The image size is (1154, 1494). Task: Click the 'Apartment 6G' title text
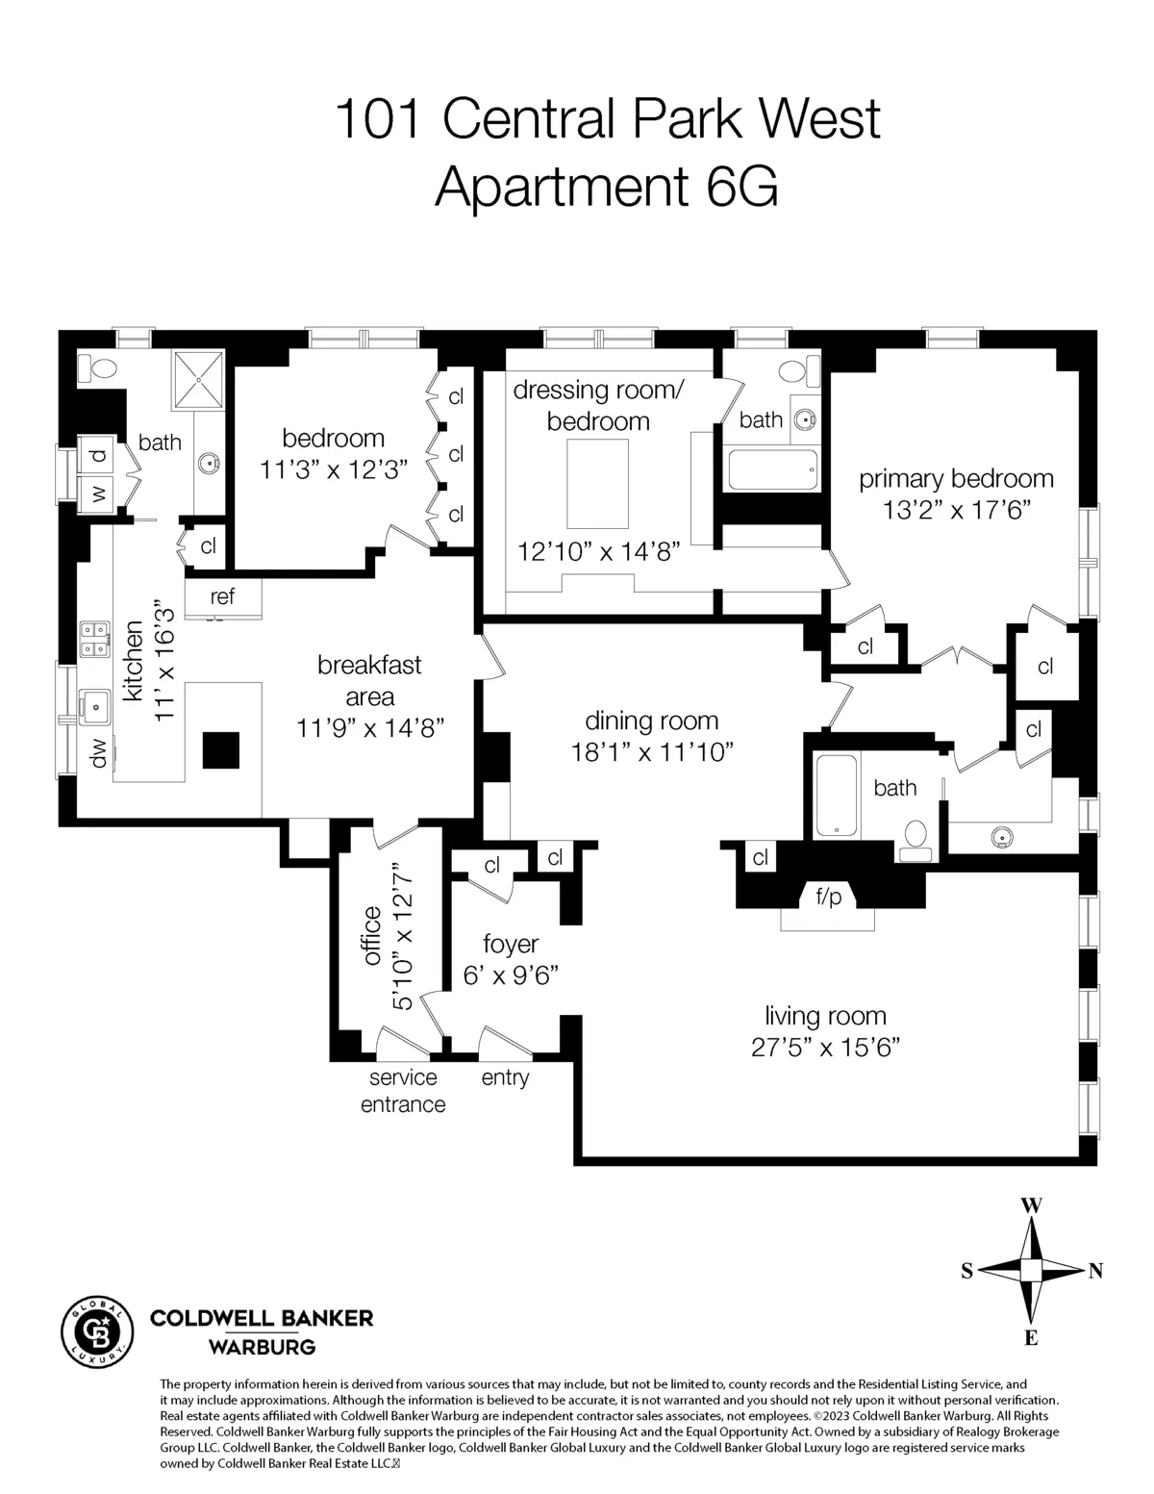tap(606, 187)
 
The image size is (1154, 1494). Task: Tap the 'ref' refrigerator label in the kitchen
tap(222, 596)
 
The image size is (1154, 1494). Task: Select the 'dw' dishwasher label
tap(98, 759)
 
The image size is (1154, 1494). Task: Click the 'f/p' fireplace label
tap(828, 897)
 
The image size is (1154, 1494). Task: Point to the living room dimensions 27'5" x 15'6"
tap(825, 1047)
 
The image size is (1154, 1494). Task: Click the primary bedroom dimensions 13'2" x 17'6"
tap(957, 509)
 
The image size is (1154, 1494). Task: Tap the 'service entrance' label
tap(403, 1091)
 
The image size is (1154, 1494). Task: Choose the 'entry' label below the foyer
tap(505, 1077)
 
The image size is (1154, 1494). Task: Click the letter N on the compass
tap(1095, 1271)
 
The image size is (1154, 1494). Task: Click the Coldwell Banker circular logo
tap(95, 1330)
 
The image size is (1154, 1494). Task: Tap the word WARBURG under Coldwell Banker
tap(262, 1347)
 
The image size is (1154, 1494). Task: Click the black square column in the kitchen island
tap(221, 750)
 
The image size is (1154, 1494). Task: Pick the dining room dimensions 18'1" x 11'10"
tap(652, 751)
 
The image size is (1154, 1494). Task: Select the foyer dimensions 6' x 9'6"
tap(511, 975)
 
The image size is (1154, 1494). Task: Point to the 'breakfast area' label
tap(369, 680)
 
